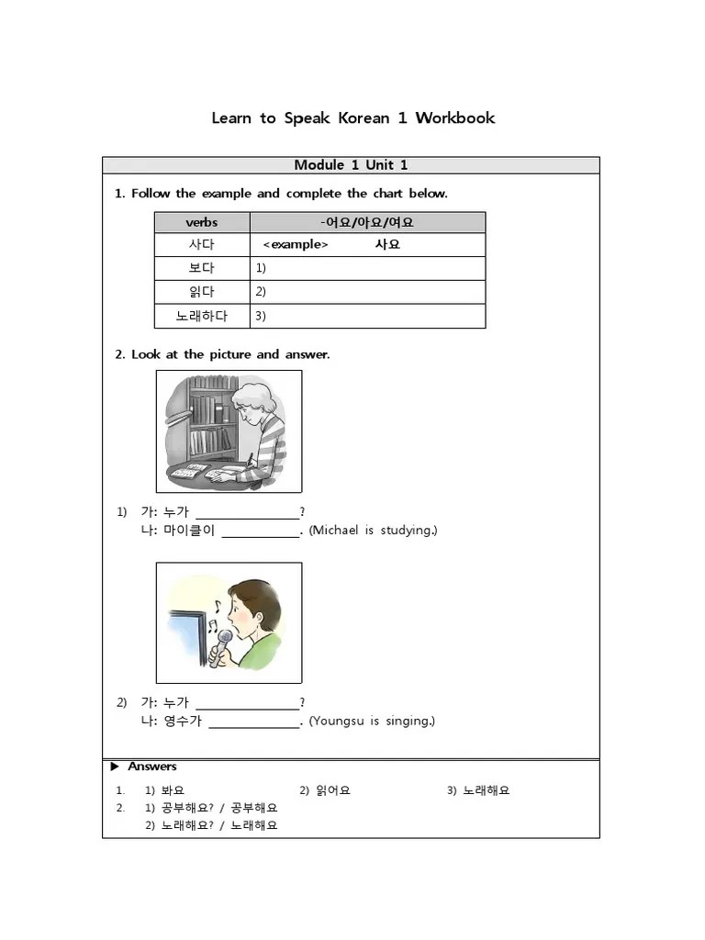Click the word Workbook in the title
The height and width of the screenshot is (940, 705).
tap(454, 117)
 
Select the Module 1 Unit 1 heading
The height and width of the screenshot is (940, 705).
tap(351, 165)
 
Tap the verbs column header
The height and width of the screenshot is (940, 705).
tap(202, 222)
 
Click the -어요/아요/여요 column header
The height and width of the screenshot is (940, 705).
tap(367, 222)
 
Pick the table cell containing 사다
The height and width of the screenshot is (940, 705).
tap(202, 245)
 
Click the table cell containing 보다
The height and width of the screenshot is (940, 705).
tap(202, 269)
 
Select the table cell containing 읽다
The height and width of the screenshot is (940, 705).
tap(202, 292)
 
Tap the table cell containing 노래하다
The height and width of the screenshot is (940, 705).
tap(202, 316)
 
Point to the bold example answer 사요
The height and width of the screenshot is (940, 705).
tap(387, 245)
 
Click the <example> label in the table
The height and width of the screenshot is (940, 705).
tap(295, 245)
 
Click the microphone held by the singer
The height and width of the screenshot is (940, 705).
tap(220, 649)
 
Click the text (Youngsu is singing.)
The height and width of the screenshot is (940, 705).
tap(372, 721)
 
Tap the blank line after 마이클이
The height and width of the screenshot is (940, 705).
tap(261, 532)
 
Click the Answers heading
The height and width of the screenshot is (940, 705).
tap(151, 767)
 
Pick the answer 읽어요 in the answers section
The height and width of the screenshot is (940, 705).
tap(332, 790)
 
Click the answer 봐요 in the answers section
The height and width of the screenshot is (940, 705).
tap(173, 790)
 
